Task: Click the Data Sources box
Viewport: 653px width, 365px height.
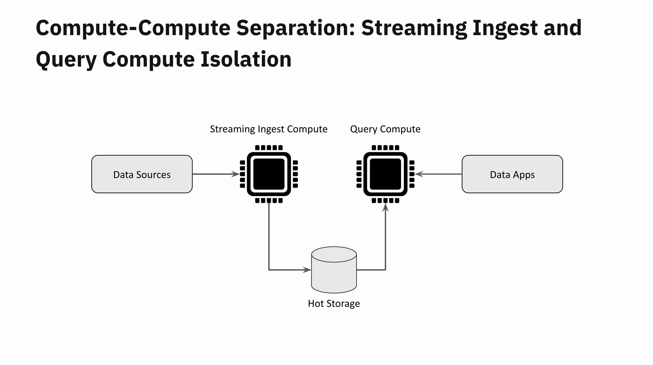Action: tap(142, 174)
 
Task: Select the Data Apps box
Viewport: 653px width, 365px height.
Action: tap(512, 174)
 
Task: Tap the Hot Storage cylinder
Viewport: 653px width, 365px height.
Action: tap(334, 270)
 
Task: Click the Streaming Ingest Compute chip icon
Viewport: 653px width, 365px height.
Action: tap(269, 174)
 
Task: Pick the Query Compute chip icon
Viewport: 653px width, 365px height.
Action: tap(385, 174)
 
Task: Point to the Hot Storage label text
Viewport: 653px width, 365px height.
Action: tap(334, 304)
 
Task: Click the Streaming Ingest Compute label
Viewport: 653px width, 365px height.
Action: tap(269, 129)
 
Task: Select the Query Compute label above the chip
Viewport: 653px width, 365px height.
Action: tap(385, 129)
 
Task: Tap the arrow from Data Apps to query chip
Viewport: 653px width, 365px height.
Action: tap(438, 174)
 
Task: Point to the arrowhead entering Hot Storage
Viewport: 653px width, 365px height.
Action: tap(307, 270)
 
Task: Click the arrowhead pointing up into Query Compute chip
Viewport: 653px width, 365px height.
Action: tap(385, 207)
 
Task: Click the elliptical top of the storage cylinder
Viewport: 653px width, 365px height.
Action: tap(334, 254)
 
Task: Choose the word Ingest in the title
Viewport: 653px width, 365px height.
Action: tap(505, 28)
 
